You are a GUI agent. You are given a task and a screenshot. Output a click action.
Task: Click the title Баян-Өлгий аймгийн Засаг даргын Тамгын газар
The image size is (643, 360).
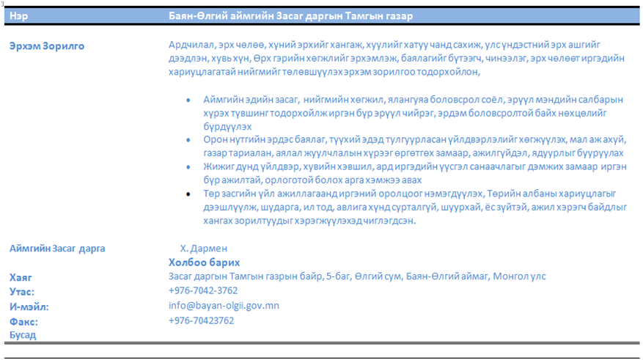coord(290,15)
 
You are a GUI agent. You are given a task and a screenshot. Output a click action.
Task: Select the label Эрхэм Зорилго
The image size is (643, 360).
coord(47,46)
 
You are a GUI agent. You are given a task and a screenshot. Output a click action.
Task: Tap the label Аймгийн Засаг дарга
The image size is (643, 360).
coord(57,248)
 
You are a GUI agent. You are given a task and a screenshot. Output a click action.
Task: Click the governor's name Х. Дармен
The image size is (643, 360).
coord(204,249)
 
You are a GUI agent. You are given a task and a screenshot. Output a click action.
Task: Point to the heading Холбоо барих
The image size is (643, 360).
coord(205,262)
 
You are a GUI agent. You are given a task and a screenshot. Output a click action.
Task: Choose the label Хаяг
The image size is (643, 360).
coord(21,277)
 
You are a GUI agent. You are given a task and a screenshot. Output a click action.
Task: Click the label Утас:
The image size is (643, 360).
coord(22,292)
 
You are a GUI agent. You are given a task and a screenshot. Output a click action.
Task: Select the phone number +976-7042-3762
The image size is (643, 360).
coord(203,291)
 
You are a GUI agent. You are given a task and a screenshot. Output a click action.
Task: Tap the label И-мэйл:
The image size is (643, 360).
coord(29,306)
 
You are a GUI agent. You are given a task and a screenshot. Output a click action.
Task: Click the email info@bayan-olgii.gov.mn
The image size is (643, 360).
coord(224,306)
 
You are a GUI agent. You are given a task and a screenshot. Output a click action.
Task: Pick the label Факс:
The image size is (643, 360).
coord(23,321)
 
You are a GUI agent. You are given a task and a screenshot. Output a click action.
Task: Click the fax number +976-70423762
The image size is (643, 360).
coord(202,320)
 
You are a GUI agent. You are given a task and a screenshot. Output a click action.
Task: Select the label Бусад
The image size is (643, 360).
coord(23,335)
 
